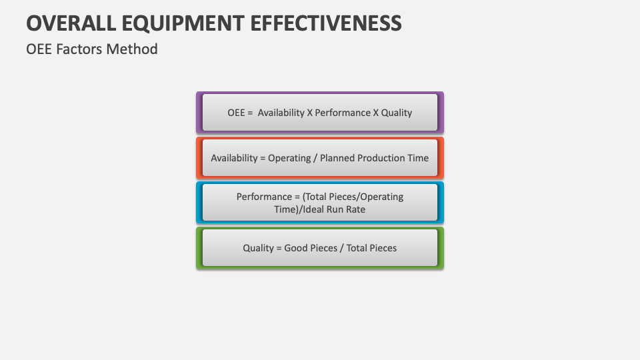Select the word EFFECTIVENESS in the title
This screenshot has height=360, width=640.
[x=326, y=23]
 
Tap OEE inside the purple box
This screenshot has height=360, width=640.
[x=237, y=113]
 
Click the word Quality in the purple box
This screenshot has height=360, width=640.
[x=397, y=113]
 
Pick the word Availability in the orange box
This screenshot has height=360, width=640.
[x=234, y=158]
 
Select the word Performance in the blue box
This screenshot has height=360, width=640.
[x=264, y=197]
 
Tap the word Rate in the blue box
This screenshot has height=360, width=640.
[x=355, y=209]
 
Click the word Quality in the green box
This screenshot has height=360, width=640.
[x=258, y=248]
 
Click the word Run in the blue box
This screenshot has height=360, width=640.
[x=336, y=209]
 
